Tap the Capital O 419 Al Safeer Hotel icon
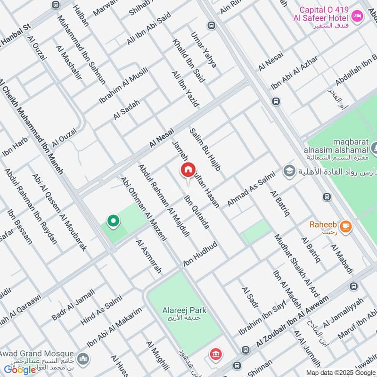[358, 16]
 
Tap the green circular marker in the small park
[113, 221]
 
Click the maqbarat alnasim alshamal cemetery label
[337, 148]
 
